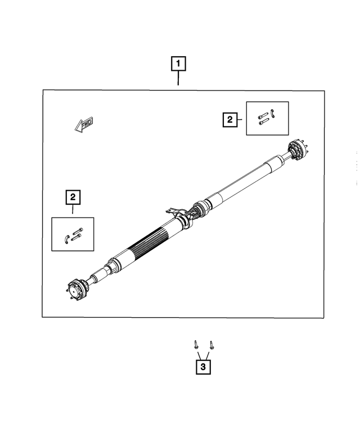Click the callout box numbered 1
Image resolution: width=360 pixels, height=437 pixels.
tap(178, 64)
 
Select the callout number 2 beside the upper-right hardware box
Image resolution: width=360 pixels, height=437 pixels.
tap(229, 119)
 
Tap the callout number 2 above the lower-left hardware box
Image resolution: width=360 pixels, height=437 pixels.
tap(73, 197)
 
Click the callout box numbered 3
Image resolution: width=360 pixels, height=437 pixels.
tap(202, 367)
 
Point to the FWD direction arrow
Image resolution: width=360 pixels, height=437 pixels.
tap(84, 124)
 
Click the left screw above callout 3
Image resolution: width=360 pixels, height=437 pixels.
tap(195, 344)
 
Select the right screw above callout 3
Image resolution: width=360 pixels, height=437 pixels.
tap(211, 344)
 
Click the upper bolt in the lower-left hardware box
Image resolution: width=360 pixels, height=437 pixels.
tap(78, 231)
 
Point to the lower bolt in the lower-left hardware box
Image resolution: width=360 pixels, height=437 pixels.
tap(77, 237)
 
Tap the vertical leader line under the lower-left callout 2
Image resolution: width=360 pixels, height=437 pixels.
tap(73, 210)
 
